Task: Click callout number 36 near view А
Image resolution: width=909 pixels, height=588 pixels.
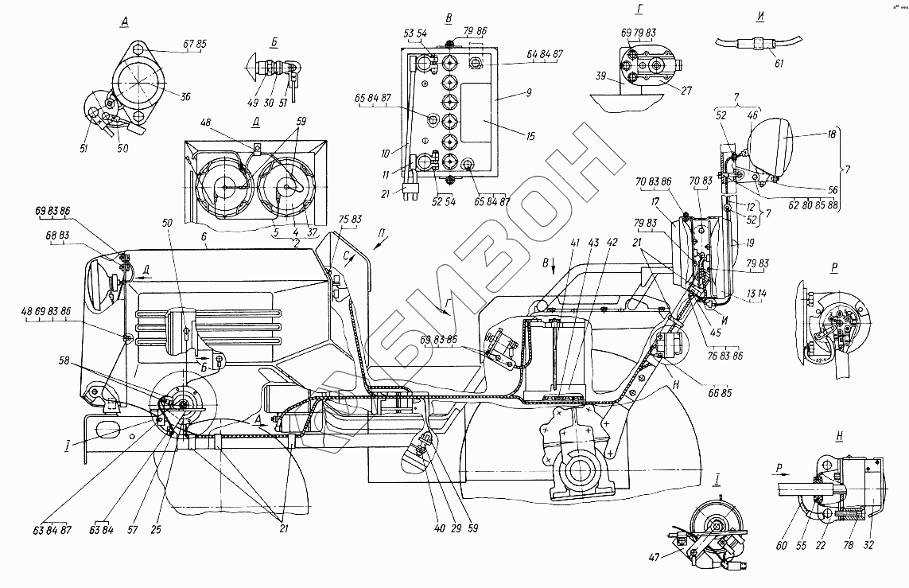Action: click(x=185, y=98)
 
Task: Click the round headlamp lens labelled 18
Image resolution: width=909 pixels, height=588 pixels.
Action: click(x=772, y=148)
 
